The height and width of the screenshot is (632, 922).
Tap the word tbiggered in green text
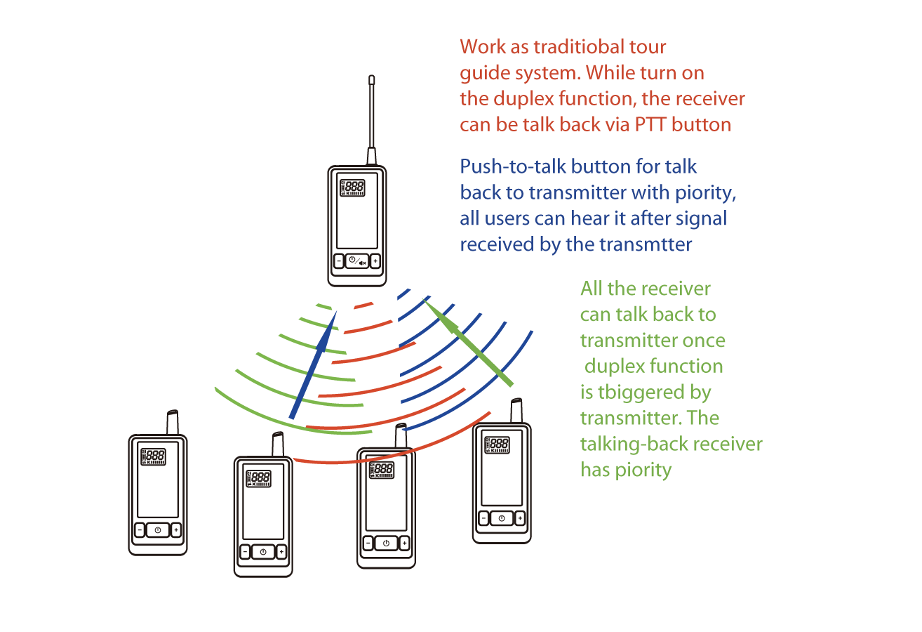click(636, 392)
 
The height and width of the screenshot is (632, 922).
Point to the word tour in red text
click(648, 48)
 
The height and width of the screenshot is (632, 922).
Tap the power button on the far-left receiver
click(157, 529)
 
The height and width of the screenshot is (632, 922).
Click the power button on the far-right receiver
click(501, 518)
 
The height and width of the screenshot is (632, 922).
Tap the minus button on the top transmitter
click(340, 261)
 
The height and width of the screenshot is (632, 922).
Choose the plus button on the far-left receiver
click(175, 529)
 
